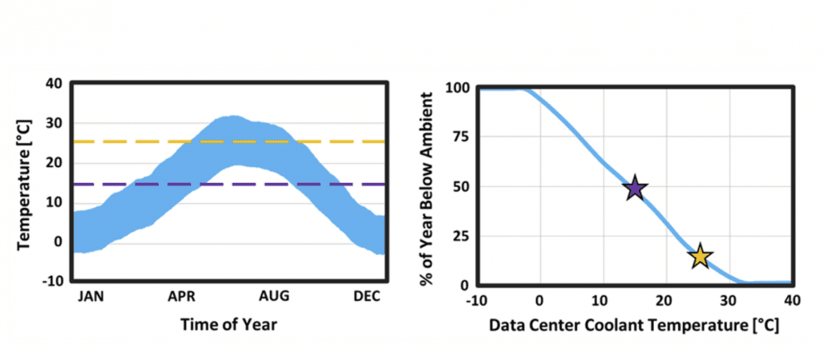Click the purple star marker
click(x=635, y=189)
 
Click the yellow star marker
click(x=701, y=257)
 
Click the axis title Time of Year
click(x=229, y=324)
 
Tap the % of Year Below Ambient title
click(x=429, y=185)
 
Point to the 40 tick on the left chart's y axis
click(x=54, y=83)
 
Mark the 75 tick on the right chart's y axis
click(x=461, y=137)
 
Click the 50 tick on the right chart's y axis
click(x=461, y=186)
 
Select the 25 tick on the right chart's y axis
click(x=461, y=236)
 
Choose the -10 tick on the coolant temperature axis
click(x=477, y=298)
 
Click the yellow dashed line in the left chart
click(x=125, y=141)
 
